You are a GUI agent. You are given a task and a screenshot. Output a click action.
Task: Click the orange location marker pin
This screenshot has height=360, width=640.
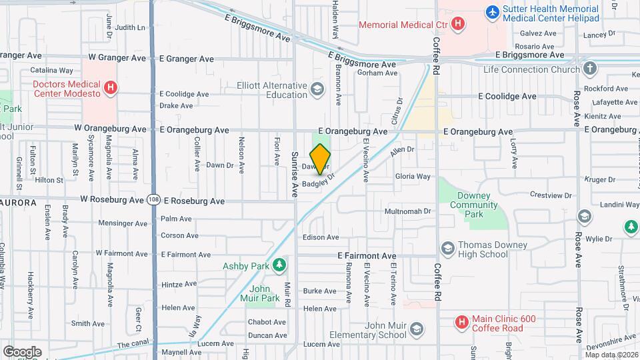(320, 159)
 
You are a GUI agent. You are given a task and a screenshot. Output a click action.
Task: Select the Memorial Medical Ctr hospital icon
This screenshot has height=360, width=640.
(457, 25)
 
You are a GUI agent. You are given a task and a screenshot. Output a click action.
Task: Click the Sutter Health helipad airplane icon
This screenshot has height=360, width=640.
(492, 11)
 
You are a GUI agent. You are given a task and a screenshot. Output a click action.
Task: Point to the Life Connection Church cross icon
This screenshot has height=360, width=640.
(589, 68)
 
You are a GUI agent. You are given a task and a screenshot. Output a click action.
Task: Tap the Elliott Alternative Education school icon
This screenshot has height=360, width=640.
(317, 89)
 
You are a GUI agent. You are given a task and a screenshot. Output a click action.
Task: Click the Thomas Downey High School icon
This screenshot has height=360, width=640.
(447, 248)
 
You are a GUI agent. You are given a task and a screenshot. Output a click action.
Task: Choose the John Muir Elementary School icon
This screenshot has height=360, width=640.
(416, 329)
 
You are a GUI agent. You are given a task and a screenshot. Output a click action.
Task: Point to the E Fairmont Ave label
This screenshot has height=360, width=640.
(367, 255)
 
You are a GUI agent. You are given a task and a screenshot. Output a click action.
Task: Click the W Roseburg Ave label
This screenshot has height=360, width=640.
(112, 199)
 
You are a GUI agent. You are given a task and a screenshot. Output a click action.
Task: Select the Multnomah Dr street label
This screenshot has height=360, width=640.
(408, 211)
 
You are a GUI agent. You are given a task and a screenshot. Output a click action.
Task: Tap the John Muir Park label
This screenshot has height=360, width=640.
(265, 293)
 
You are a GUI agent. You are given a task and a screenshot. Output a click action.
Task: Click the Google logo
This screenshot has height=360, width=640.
(22, 351)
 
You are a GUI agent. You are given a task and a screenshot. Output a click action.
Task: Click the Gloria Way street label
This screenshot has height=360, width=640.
(413, 177)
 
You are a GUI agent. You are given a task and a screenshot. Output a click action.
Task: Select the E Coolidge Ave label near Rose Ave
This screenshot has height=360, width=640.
(507, 96)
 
